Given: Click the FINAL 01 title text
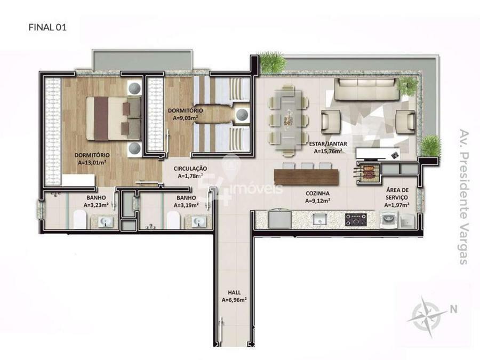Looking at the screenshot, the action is [47, 27].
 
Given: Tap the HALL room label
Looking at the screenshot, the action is [234, 293].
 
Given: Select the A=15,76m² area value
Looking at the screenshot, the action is [328, 151].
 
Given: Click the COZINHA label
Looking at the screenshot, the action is [317, 194].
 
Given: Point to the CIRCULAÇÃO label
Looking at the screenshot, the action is [190, 169].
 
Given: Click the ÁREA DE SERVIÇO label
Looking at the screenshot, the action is [397, 194].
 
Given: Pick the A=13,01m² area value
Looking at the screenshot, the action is [92, 163].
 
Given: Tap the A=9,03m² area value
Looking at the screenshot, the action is [185, 118].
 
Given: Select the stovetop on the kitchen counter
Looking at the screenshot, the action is [356, 220].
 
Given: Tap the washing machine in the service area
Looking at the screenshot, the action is [388, 220].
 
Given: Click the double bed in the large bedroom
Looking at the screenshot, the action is [113, 118].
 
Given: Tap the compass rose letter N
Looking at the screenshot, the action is [453, 309].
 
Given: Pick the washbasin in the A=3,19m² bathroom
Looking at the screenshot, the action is [198, 222].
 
